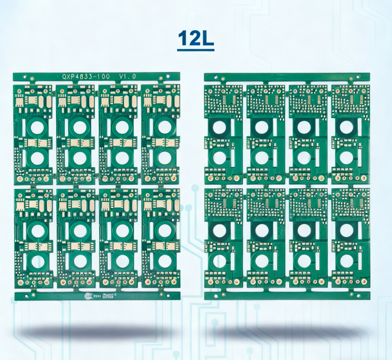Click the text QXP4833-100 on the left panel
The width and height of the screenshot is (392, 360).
[x=86, y=76]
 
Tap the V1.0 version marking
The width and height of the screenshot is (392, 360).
[x=128, y=76]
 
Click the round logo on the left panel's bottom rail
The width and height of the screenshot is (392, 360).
[x=89, y=296]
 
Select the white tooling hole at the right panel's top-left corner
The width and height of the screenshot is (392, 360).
[x=211, y=77]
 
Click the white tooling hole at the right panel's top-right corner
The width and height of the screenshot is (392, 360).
[x=363, y=77]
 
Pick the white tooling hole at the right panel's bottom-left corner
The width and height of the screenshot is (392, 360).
[x=211, y=296]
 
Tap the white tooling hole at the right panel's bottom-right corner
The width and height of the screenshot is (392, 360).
[x=363, y=296]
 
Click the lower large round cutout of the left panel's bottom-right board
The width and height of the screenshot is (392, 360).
[x=165, y=261]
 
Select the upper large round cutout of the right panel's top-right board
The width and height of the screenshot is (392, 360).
[x=346, y=127]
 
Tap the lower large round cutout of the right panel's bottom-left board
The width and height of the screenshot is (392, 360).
[x=218, y=261]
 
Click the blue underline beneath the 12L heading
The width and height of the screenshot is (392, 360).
[x=195, y=51]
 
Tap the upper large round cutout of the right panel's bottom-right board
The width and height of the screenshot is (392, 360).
[x=346, y=230]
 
